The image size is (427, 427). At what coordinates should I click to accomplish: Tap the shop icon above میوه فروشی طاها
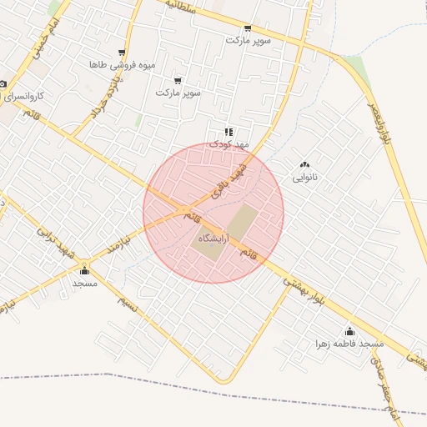coord(122,53)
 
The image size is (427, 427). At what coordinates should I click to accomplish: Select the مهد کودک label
coord(229,143)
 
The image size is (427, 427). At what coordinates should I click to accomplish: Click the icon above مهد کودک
coord(229,131)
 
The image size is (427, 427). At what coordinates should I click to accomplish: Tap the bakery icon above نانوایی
coord(304,164)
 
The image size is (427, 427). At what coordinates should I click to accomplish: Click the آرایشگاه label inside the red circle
coord(215,239)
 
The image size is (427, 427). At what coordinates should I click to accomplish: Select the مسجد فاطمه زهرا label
coord(349,344)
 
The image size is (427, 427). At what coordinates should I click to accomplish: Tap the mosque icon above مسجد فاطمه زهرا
coord(349,332)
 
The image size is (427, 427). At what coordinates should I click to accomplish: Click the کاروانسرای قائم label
coord(33,96)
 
